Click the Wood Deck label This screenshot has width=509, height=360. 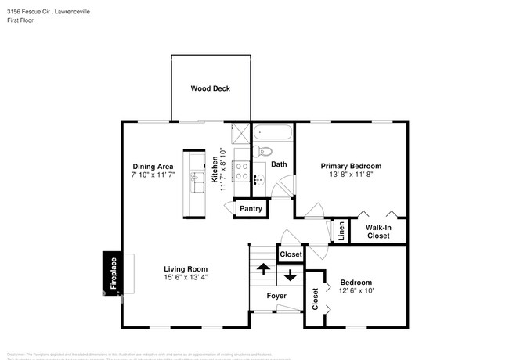(211, 88)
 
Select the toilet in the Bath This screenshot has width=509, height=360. (265, 150)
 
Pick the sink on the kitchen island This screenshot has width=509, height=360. (193, 182)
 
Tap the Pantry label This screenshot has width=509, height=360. (251, 208)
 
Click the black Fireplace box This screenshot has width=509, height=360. (112, 274)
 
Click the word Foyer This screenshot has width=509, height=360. (276, 296)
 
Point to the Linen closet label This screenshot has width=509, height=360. (341, 232)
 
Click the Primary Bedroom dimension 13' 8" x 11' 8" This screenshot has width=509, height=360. (351, 175)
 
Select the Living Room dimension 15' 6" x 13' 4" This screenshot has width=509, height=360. (186, 276)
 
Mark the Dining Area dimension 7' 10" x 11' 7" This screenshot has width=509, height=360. (153, 175)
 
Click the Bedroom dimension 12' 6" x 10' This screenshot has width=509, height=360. (356, 290)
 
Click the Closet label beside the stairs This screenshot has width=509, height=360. (291, 254)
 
